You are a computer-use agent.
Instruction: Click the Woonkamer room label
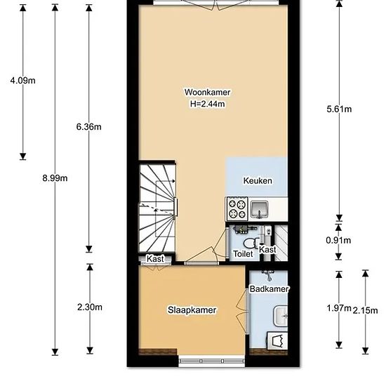point(207,93)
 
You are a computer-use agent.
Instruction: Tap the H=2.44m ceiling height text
point(207,104)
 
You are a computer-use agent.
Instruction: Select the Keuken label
point(258,180)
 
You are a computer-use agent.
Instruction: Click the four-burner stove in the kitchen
point(237,208)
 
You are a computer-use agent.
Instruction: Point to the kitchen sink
point(259,209)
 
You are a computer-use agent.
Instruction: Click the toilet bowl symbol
point(251,244)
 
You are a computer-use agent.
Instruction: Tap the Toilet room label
point(243,253)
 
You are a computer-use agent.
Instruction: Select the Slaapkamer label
point(192,310)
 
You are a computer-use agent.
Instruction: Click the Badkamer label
point(269,288)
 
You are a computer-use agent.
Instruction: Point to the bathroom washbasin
point(280,316)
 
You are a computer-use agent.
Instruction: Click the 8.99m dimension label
point(55,178)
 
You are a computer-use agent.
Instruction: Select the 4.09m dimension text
point(23,80)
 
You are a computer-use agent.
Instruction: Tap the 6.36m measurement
point(89,127)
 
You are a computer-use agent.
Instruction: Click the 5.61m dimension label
point(339,109)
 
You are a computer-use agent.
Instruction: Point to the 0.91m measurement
point(338,240)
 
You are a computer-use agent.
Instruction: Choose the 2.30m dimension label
point(90,307)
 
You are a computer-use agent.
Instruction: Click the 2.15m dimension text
point(366,311)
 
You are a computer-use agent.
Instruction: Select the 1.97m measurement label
point(339,307)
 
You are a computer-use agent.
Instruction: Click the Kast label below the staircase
point(155,259)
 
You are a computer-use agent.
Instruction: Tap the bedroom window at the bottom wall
point(212,361)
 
